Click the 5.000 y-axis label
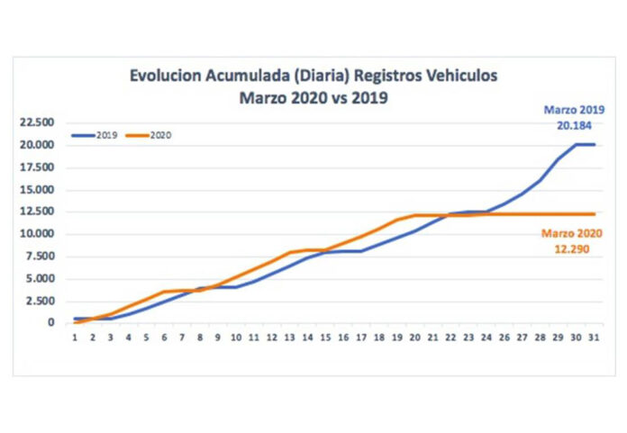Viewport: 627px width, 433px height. (x=41, y=278)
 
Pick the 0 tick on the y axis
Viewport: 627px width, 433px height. (x=51, y=322)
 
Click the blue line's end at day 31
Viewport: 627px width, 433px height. (x=594, y=144)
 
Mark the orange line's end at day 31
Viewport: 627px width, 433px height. (x=594, y=213)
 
